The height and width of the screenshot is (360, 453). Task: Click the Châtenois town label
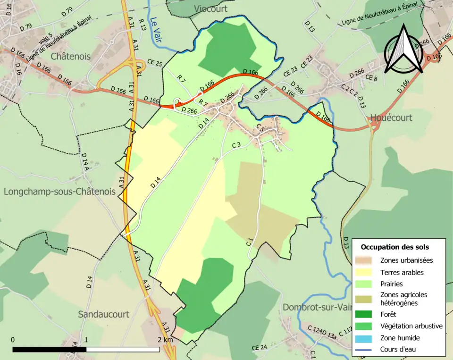coord(70,56)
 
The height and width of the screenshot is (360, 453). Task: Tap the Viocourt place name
coord(210,9)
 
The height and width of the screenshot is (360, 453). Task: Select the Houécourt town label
coord(391,117)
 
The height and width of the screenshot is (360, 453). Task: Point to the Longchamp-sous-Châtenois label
coord(59,192)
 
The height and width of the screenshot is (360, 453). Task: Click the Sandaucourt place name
coord(103,314)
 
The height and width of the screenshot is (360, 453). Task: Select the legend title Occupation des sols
coord(394,247)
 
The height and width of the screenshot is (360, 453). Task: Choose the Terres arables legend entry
coord(402,272)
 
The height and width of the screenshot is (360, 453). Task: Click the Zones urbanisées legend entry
coord(406,260)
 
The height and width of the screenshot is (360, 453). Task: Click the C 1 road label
coord(250,243)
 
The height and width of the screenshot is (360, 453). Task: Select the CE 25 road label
coord(154,63)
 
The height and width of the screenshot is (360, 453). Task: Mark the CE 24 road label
coord(259,348)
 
